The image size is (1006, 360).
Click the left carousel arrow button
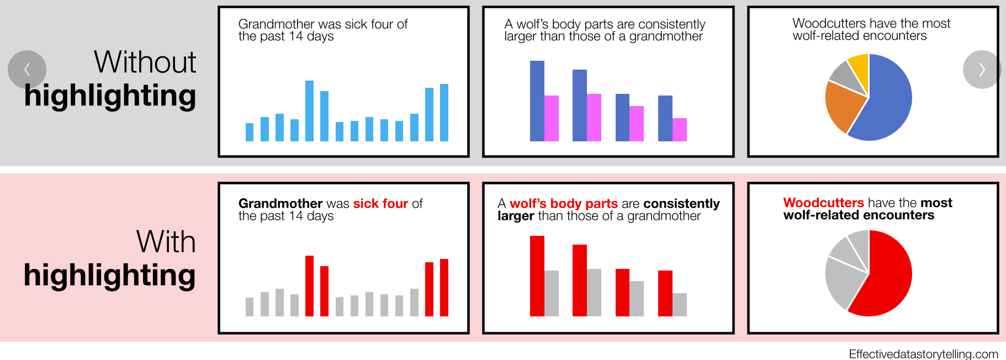pyautogui.click(x=27, y=70)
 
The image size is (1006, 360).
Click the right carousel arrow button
pyautogui.click(x=981, y=70)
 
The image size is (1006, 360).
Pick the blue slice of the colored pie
pyautogui.click(x=886, y=99)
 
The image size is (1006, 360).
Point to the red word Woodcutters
pyautogui.click(x=823, y=203)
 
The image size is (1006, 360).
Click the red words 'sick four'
pyautogui.click(x=380, y=204)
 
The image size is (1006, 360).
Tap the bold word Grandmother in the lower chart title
pyautogui.click(x=280, y=204)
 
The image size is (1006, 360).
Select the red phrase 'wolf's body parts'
pyautogui.click(x=563, y=204)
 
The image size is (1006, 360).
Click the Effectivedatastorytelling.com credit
pyautogui.click(x=923, y=354)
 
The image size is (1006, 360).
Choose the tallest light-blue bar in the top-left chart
pyautogui.click(x=309, y=111)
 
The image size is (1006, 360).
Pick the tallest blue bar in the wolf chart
pyautogui.click(x=537, y=101)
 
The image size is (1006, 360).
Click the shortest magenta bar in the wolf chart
pyautogui.click(x=680, y=130)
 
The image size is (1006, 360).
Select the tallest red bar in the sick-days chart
pyautogui.click(x=309, y=286)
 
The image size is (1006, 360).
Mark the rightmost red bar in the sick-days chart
pyautogui.click(x=444, y=288)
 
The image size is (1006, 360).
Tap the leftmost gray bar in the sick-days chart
pyautogui.click(x=250, y=307)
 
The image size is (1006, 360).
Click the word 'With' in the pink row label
pyautogui.click(x=166, y=242)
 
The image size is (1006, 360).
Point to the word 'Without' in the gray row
pyautogui.click(x=145, y=62)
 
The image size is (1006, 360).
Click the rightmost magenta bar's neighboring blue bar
pyautogui.click(x=665, y=118)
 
